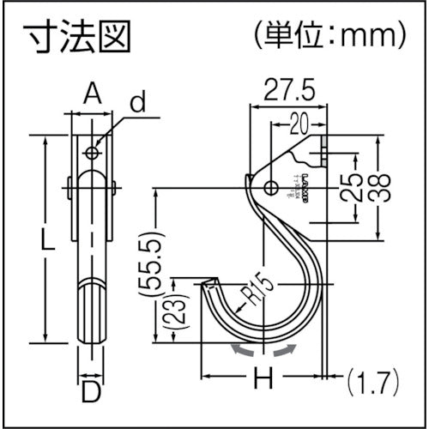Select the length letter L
click(x=49, y=241)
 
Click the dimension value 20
click(x=297, y=123)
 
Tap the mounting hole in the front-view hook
click(x=92, y=153)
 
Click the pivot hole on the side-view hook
click(x=270, y=188)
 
